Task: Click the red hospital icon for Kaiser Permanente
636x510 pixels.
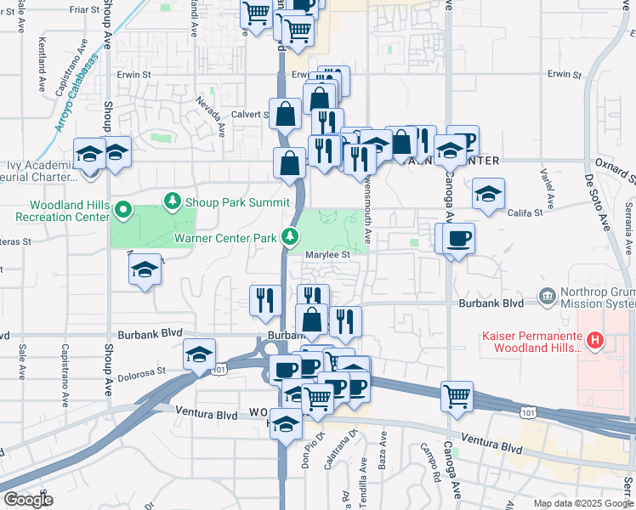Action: click(595, 342)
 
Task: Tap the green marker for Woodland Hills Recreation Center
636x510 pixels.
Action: click(122, 209)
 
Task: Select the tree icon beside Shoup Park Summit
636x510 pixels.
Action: click(173, 201)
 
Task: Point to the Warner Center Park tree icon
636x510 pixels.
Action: click(290, 235)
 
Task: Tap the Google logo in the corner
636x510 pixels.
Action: click(28, 500)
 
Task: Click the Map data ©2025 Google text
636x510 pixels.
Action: click(583, 503)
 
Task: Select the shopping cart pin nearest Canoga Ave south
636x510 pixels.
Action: click(457, 395)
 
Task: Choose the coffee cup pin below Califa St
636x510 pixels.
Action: click(458, 239)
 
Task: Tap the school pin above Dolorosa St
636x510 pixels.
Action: click(199, 355)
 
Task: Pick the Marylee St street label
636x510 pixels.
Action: click(328, 254)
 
